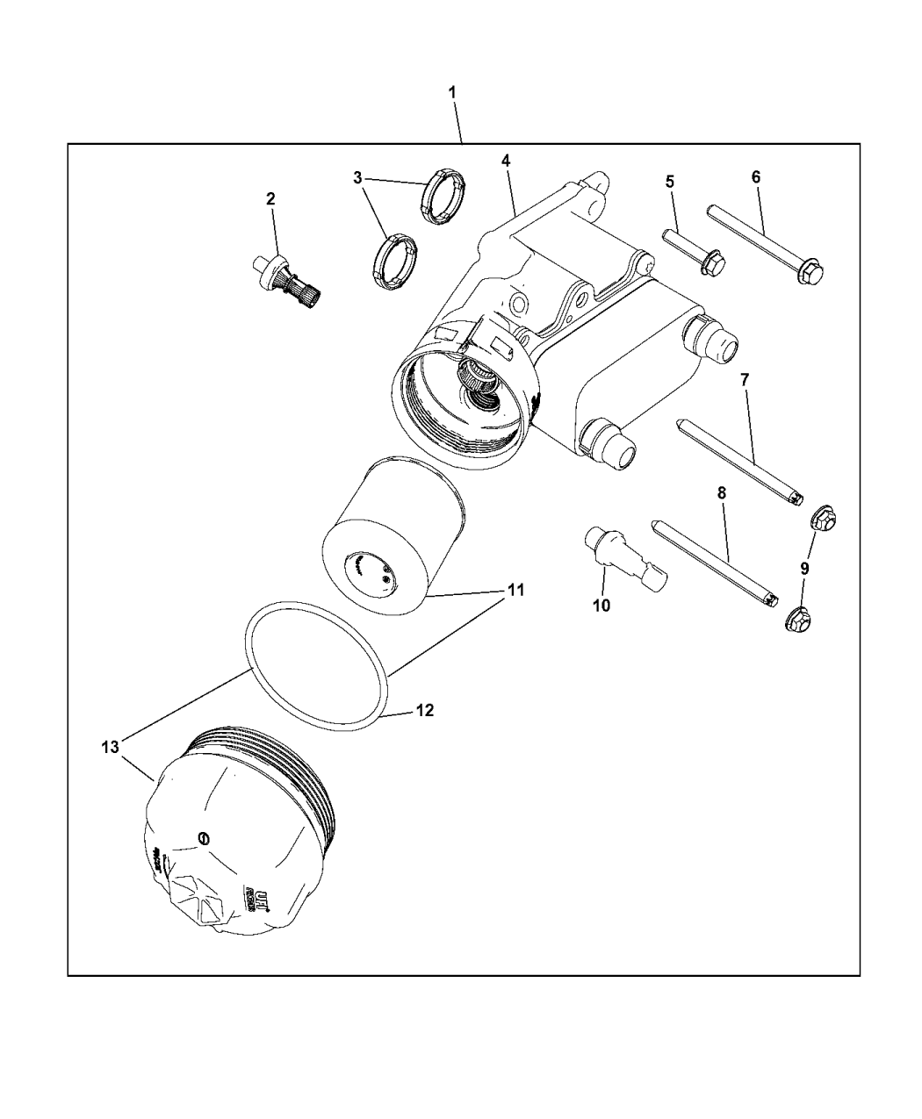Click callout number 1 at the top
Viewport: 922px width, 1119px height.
452,92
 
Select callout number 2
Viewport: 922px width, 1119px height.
270,199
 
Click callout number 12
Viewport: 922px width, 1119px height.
424,710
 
